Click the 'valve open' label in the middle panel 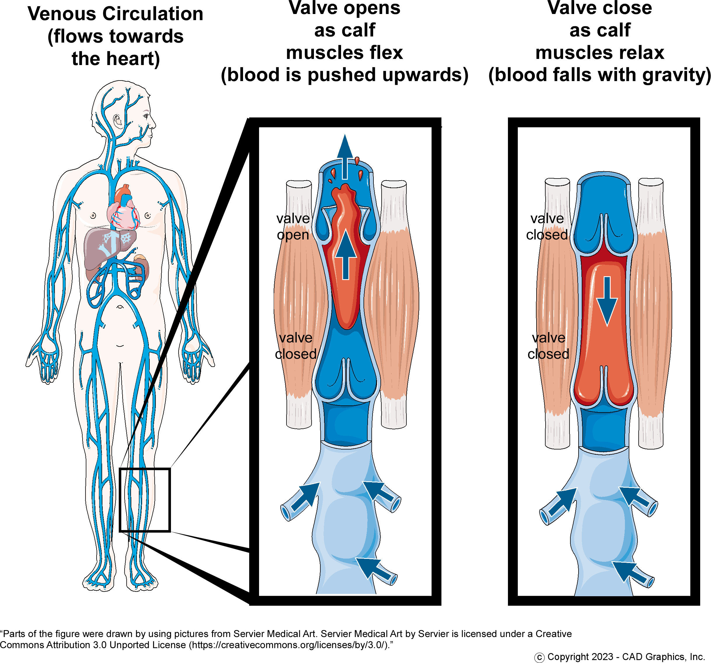point(293,227)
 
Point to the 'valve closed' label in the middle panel point(296,346)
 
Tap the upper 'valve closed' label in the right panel point(547,227)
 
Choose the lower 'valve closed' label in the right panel point(548,346)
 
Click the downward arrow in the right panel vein point(607,300)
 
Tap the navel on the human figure point(120,307)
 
